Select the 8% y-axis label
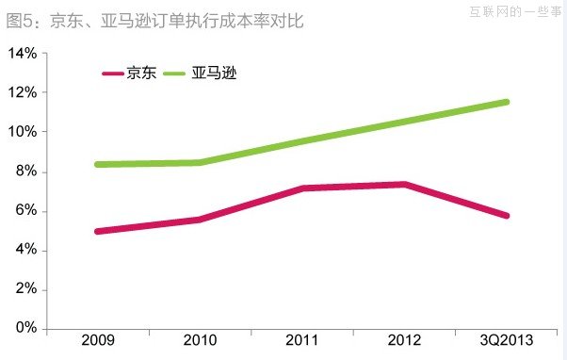[25, 172]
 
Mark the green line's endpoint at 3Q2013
[507, 102]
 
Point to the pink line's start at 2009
[98, 231]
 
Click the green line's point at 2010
[200, 163]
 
